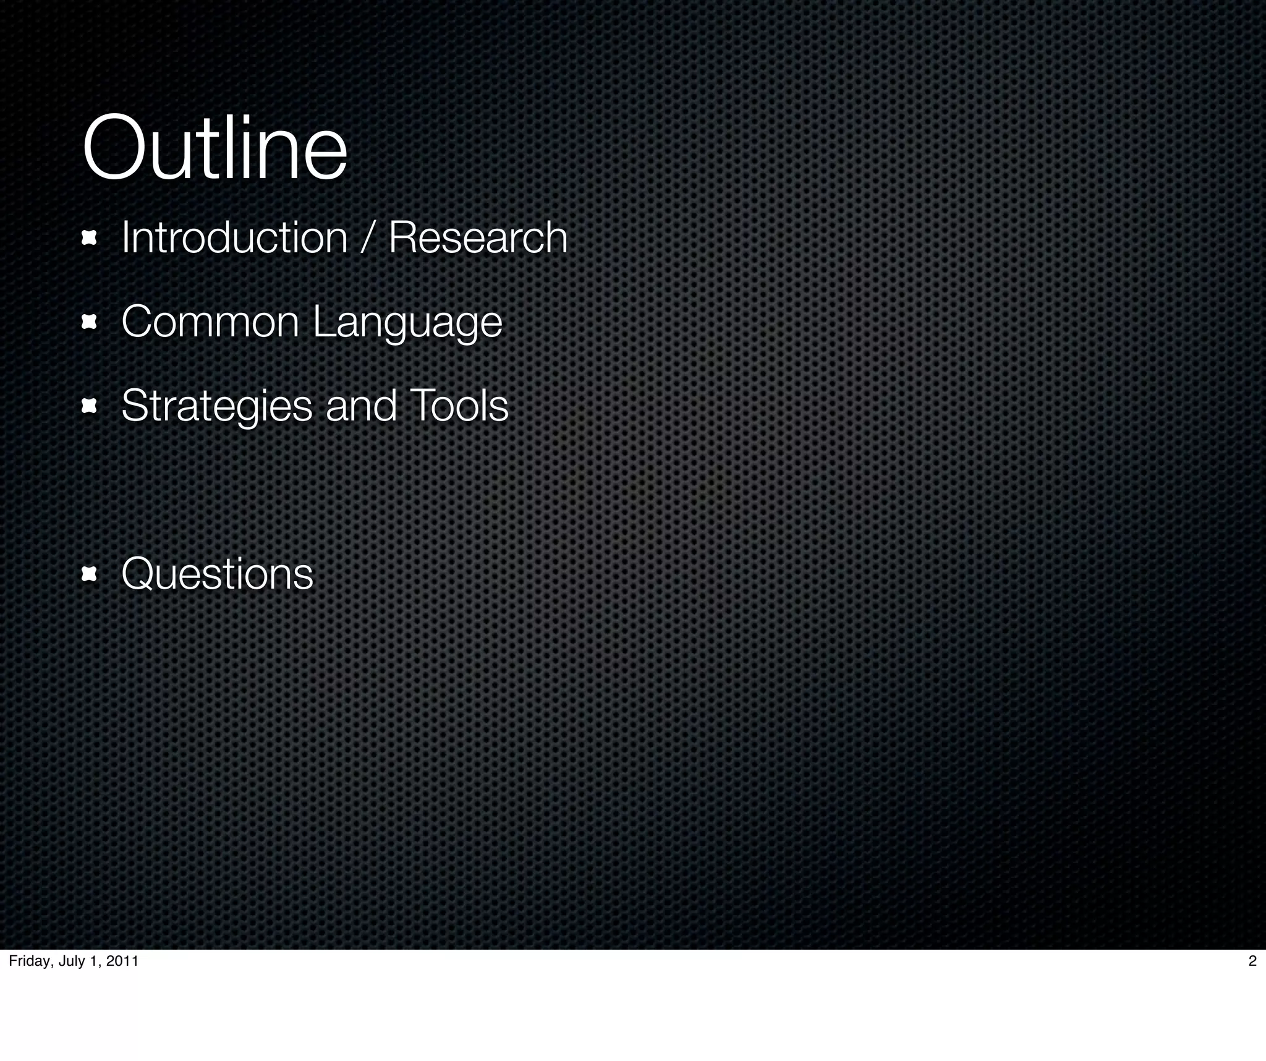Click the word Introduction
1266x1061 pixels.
pos(234,237)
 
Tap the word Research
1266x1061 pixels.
pos(478,237)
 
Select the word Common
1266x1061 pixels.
pos(210,322)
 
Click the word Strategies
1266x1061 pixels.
pos(217,407)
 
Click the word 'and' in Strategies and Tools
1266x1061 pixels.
pos(361,406)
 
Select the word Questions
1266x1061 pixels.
pos(217,574)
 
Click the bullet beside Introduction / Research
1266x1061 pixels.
pos(89,238)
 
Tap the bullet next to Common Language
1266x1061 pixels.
pos(89,322)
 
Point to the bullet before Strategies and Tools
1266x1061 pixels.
pos(89,406)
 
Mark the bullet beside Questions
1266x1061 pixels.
pos(89,574)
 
